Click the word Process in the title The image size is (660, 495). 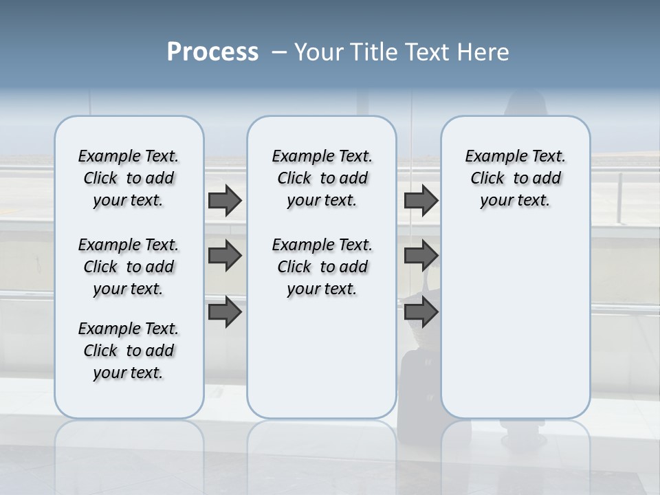pos(212,52)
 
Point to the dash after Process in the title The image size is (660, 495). pos(279,53)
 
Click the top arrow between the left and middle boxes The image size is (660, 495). pos(225,201)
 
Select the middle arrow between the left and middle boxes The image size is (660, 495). pos(225,256)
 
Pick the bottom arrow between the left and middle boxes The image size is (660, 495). pos(225,311)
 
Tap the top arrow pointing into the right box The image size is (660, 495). pos(421,201)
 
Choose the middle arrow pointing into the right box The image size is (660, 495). pos(421,256)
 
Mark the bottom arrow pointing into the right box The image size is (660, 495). pos(421,311)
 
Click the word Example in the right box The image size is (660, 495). pos(491,157)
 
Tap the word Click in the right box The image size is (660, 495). pos(487,179)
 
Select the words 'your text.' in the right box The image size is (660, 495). pos(515,201)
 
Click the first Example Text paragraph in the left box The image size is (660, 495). pos(129,178)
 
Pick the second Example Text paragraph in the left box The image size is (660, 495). pos(129,267)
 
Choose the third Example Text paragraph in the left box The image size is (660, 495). pos(129,351)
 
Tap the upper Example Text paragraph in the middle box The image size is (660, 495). pos(322,178)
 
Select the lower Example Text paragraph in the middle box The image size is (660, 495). pos(322,267)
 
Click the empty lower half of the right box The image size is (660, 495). pos(516,330)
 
